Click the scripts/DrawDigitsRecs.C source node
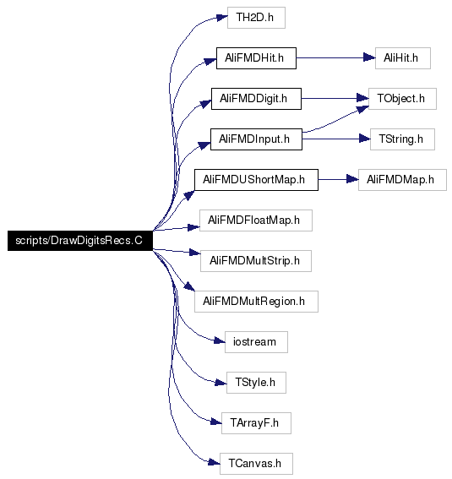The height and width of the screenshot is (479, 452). [x=80, y=241]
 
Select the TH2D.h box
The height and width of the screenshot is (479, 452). [x=256, y=18]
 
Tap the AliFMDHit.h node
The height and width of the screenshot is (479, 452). [x=256, y=58]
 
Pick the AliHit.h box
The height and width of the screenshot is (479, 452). [x=403, y=58]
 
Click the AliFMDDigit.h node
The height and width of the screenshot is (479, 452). [x=256, y=99]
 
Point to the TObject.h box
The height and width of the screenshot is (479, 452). [x=402, y=99]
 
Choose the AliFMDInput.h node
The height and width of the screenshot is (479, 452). [x=256, y=139]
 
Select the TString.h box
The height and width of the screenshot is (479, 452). [x=402, y=139]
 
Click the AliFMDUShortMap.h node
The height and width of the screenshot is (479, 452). [x=256, y=180]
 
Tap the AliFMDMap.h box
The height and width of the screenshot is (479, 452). [x=402, y=180]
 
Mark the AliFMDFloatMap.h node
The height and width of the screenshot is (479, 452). [x=256, y=220]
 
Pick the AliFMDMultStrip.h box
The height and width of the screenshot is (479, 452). [x=256, y=261]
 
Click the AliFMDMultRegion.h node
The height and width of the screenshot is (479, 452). [x=256, y=302]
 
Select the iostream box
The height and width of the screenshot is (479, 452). [x=256, y=342]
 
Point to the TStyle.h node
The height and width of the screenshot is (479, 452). [x=256, y=383]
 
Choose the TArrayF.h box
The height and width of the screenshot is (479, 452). [x=256, y=423]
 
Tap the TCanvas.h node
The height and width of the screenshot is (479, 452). [x=256, y=464]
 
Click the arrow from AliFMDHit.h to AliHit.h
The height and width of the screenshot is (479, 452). [x=335, y=57]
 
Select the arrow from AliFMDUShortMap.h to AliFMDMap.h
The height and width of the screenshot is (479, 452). [x=339, y=180]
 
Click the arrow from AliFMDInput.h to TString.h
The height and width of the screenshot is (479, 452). [x=336, y=139]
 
